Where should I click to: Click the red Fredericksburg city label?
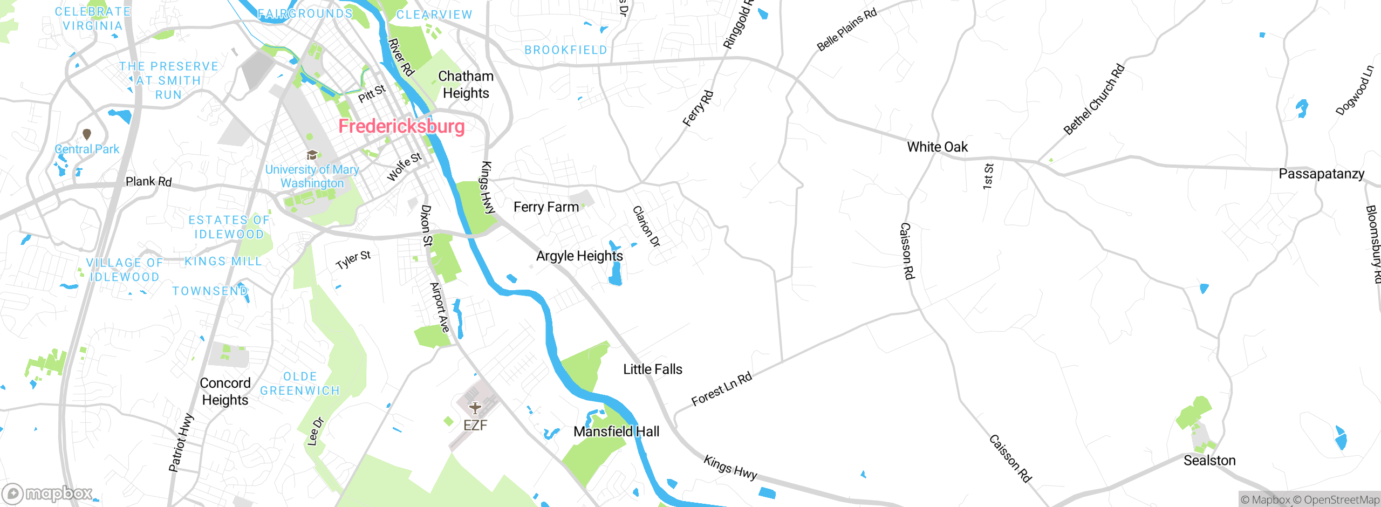click(401, 126)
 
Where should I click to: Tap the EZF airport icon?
click(475, 408)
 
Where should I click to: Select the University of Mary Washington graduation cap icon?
click(312, 156)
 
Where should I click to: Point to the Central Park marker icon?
click(87, 134)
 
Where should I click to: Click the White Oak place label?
click(937, 147)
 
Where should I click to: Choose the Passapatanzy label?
click(1321, 174)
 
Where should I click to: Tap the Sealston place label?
click(1209, 460)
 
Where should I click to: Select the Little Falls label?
click(652, 369)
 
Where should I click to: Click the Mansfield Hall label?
click(616, 431)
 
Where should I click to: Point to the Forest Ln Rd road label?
click(721, 389)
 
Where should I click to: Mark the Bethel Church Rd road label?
click(1093, 99)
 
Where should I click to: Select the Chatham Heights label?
click(466, 85)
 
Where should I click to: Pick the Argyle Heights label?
click(579, 256)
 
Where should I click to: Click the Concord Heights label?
click(225, 391)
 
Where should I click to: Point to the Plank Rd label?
click(148, 181)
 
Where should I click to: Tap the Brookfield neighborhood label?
click(565, 50)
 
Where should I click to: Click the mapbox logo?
click(47, 494)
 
